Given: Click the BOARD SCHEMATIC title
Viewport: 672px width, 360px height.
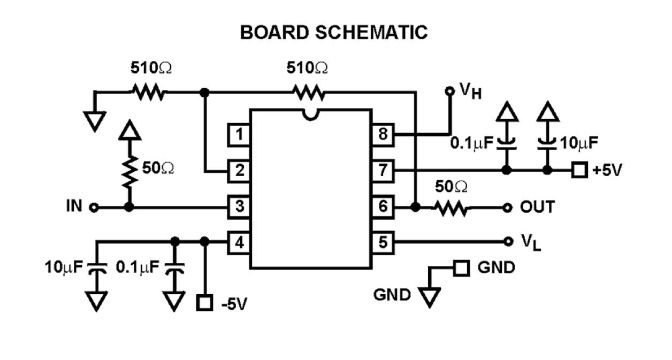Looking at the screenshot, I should [334, 33].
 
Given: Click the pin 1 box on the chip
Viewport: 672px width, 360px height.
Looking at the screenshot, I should [240, 135].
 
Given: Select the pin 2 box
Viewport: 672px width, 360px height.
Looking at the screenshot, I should [240, 171].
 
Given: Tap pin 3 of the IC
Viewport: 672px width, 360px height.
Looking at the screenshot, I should [240, 206].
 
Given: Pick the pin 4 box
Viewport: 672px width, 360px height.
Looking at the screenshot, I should [240, 242].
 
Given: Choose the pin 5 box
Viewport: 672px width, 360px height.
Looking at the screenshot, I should [382, 242].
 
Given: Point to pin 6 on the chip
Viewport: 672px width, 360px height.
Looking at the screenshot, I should [382, 206].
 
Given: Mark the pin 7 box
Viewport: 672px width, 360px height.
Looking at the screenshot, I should [382, 171].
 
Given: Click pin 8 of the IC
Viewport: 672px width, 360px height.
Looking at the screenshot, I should [382, 135].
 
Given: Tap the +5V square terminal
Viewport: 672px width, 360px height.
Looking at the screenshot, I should [578, 171].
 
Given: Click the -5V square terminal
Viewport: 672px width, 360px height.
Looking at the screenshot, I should [204, 303].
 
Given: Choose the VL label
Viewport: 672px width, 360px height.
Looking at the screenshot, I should [531, 242].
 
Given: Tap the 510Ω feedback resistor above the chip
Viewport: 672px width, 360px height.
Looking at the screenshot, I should [308, 93].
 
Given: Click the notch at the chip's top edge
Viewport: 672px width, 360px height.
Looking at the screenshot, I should [310, 113].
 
